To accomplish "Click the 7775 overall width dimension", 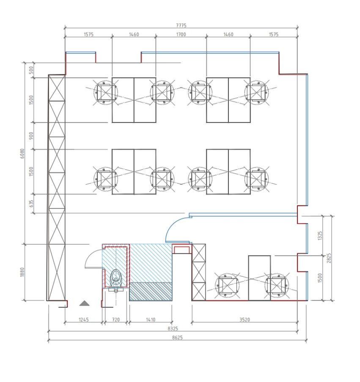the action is (181, 25).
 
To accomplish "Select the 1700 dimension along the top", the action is (181, 34).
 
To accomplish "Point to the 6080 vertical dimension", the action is (22, 153).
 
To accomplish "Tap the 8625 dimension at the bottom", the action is (177, 337).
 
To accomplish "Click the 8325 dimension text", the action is (173, 328).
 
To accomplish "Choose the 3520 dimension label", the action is (245, 319).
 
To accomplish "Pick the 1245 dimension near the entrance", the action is (84, 319).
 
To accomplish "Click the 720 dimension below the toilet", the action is (115, 319).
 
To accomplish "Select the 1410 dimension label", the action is (151, 319).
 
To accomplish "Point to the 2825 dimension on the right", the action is (329, 258).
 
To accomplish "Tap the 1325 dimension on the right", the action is (320, 236).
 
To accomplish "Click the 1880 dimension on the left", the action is (22, 272).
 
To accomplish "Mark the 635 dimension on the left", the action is (31, 204).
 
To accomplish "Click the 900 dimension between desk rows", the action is (31, 136).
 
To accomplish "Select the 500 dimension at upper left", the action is (31, 70).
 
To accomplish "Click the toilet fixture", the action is (116, 280).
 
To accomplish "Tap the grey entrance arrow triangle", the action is (84, 303).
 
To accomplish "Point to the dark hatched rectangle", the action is (151, 292).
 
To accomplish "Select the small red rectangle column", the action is (182, 249).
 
